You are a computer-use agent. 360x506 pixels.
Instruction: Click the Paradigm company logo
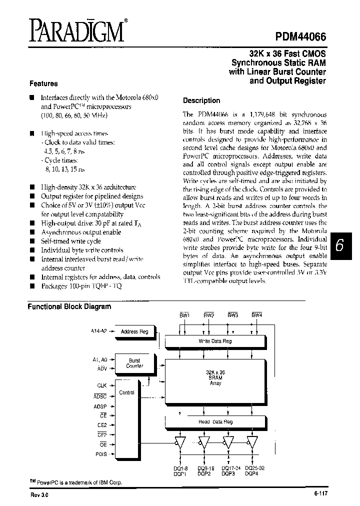[76, 31]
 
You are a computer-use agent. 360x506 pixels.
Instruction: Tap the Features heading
[43, 83]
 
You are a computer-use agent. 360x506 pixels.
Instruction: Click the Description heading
[201, 100]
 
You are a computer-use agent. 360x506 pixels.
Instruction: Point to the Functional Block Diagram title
[69, 306]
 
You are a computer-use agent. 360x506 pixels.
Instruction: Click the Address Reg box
[135, 331]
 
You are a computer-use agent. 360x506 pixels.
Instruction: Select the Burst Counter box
[135, 363]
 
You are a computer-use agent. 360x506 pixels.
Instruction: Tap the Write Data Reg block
[215, 341]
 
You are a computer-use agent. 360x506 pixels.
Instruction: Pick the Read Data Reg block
[215, 421]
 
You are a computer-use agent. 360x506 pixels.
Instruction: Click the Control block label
[127, 392]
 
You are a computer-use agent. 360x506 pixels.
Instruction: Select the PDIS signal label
[100, 454]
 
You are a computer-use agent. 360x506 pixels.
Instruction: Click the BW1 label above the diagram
[184, 315]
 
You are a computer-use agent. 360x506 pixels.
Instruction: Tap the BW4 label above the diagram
[256, 315]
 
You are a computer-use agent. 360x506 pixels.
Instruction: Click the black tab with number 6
[339, 245]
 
